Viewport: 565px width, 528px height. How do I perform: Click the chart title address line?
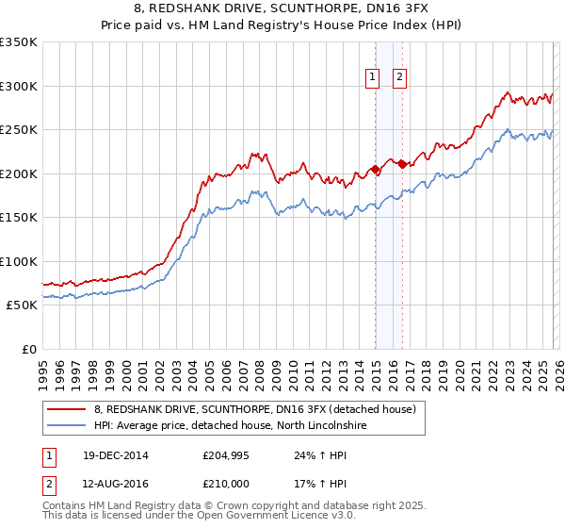[x=282, y=9]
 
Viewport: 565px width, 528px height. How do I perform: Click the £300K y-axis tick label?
[x=19, y=86]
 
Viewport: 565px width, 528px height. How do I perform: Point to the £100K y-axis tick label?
[x=19, y=261]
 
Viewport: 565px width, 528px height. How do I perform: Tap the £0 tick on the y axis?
[x=28, y=349]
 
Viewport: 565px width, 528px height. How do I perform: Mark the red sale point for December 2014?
[x=375, y=170]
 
